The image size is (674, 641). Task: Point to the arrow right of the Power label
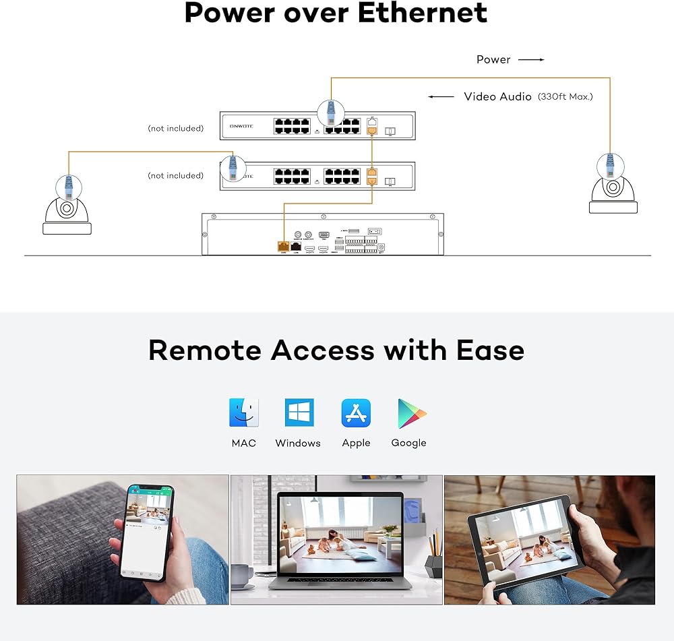point(531,59)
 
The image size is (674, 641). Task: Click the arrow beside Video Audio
point(441,96)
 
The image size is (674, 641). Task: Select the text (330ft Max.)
point(565,96)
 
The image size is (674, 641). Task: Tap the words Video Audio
point(497,96)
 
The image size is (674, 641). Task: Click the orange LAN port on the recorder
point(283,247)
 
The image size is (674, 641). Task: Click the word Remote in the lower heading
point(205,350)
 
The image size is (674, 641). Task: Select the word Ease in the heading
point(490,350)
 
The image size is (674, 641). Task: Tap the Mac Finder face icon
point(243,413)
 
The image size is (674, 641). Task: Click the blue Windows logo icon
point(299,413)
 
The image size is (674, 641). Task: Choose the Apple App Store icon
point(356,413)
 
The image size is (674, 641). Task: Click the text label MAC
point(243,443)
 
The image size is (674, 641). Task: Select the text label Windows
point(298,443)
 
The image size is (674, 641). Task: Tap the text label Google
point(408,443)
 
